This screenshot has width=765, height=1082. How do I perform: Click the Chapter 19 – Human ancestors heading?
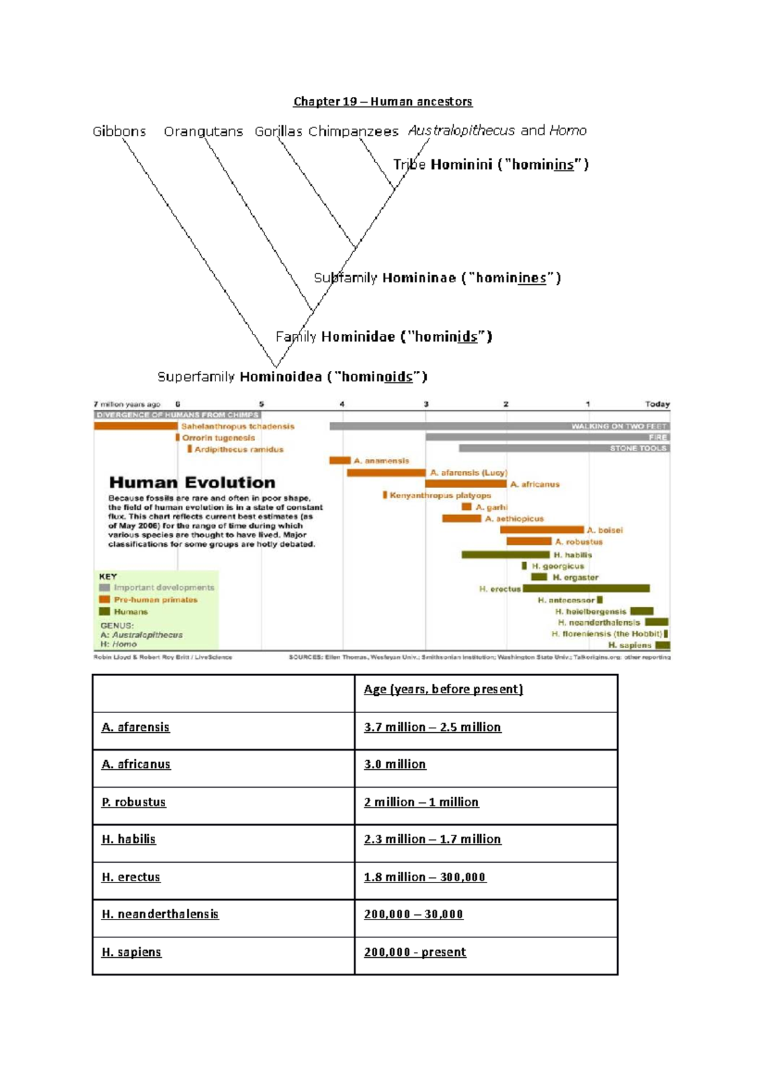pyautogui.click(x=382, y=101)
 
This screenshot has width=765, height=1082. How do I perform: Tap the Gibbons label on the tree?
pyautogui.click(x=119, y=131)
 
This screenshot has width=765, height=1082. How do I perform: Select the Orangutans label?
pyautogui.click(x=203, y=131)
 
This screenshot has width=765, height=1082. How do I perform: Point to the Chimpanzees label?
pyautogui.click(x=353, y=131)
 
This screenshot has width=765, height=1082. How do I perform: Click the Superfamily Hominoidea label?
pyautogui.click(x=292, y=377)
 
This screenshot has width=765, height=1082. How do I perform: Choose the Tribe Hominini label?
pyautogui.click(x=491, y=164)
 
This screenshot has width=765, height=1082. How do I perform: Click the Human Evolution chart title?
pyautogui.click(x=192, y=482)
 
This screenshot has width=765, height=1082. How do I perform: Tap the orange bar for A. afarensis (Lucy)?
pyautogui.click(x=386, y=473)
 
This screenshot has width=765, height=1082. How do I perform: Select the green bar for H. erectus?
pyautogui.click(x=586, y=589)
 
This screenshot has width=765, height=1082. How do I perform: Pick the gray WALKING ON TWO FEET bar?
pyautogui.click(x=499, y=426)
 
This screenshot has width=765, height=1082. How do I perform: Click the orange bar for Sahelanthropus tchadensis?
pyautogui.click(x=136, y=426)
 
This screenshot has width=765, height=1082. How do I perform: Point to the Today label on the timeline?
pyautogui.click(x=657, y=404)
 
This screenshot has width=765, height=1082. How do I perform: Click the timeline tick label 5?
pyautogui.click(x=261, y=404)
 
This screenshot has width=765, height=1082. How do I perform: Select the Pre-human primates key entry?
pyautogui.click(x=156, y=600)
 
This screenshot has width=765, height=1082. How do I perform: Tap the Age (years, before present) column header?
pyautogui.click(x=443, y=689)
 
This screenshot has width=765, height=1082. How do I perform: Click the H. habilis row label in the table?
pyautogui.click(x=129, y=839)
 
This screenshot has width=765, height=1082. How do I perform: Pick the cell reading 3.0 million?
pyautogui.click(x=395, y=764)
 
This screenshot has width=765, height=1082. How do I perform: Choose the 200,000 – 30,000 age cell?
pyautogui.click(x=413, y=914)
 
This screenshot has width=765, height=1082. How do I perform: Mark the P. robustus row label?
pyautogui.click(x=134, y=802)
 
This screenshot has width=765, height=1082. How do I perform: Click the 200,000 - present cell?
pyautogui.click(x=415, y=952)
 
